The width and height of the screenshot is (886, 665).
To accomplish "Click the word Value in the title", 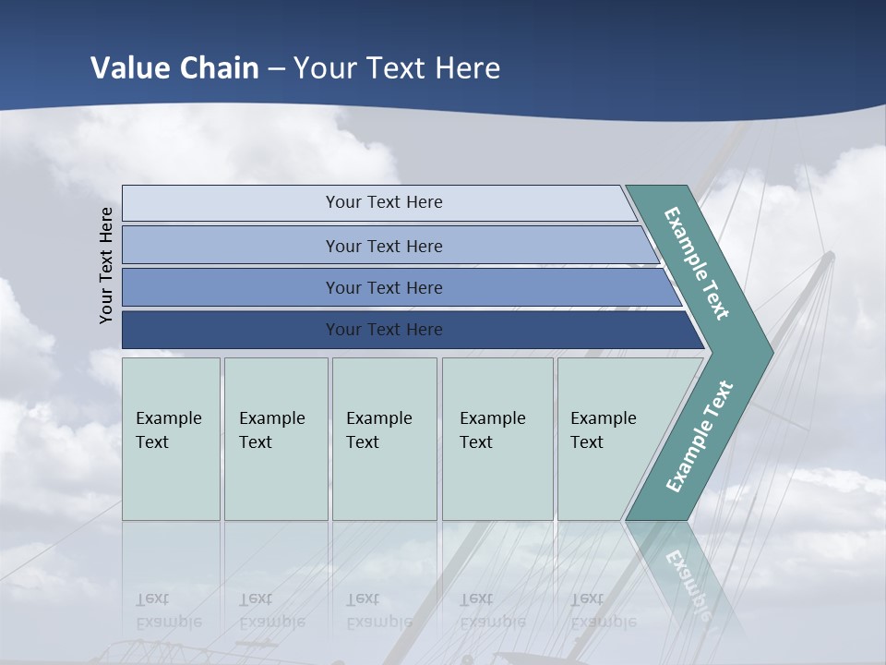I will click(x=130, y=68).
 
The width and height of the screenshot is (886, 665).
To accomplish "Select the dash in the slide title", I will click(x=276, y=69).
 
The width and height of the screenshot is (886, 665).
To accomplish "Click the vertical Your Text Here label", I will click(x=106, y=265).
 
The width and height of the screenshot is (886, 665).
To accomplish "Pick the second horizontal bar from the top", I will click(x=383, y=246).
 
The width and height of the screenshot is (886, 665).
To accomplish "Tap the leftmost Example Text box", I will click(x=171, y=438).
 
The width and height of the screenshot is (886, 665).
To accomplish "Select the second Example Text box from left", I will click(x=275, y=438).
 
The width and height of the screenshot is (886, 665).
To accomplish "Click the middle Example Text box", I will click(x=384, y=438).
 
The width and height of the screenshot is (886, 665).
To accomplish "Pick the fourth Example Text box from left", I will click(x=497, y=438).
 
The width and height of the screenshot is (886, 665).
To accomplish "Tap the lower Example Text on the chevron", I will click(x=700, y=436).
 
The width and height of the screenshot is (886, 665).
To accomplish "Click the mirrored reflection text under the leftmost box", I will click(x=168, y=611).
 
